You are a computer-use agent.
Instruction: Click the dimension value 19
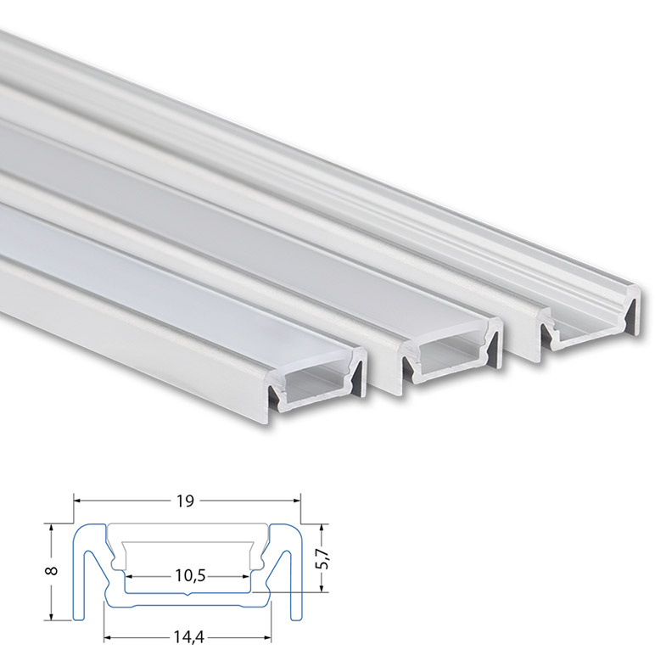(185, 501)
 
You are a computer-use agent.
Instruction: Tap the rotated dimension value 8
(52, 571)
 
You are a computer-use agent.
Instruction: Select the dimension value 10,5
(190, 576)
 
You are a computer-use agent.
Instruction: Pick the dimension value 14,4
(188, 637)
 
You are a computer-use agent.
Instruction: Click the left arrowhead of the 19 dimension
(78, 500)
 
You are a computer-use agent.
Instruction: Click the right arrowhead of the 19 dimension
(297, 500)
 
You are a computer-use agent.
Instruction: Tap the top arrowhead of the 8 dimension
(51, 529)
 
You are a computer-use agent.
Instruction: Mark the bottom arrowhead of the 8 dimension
(51, 616)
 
